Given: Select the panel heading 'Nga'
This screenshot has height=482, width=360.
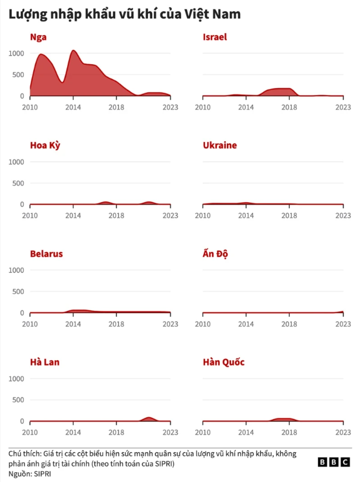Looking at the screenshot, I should click(x=39, y=37).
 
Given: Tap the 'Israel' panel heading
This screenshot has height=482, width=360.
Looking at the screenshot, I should click(x=214, y=37).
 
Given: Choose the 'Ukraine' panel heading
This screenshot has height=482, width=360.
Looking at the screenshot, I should click(x=220, y=145).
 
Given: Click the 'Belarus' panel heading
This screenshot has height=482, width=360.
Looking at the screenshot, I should click(x=46, y=254).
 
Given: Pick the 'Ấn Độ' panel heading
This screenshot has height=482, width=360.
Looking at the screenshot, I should click(x=216, y=254).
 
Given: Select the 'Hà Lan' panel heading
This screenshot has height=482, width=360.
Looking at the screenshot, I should click(x=45, y=362).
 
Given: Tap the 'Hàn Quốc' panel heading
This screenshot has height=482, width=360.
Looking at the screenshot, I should click(x=223, y=362).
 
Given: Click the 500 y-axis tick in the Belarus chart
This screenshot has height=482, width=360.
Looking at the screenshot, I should click(x=18, y=291).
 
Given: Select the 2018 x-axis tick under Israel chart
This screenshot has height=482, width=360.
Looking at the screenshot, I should click(x=289, y=107).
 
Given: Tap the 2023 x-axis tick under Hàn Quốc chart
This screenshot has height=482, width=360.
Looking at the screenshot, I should click(x=343, y=432).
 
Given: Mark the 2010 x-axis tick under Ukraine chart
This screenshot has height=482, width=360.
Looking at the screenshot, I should click(x=203, y=215).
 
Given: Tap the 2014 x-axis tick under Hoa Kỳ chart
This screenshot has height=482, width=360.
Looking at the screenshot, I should click(x=73, y=215).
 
